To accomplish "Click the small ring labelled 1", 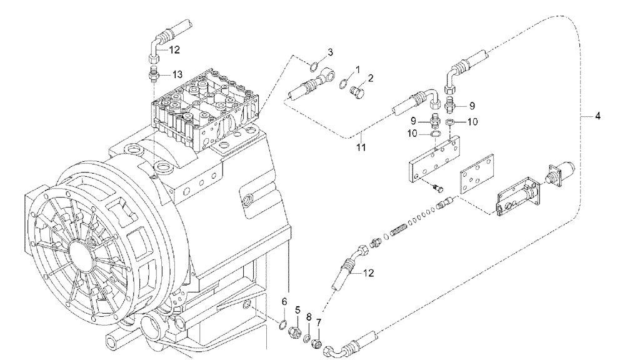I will [x=342, y=84].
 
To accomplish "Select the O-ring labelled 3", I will [x=318, y=66].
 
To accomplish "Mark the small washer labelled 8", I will [x=308, y=338].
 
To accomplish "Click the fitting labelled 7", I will [x=319, y=343].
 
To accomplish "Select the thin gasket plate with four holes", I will [x=474, y=179].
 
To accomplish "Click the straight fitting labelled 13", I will [x=152, y=77].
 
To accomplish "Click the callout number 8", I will [x=308, y=317].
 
